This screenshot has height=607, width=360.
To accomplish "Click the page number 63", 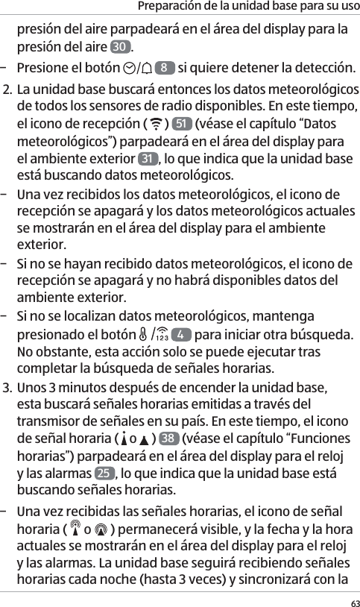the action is coord(351,600).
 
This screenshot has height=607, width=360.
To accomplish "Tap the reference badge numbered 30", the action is coord(119,48).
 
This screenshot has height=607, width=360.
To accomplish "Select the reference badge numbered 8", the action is coord(164,69).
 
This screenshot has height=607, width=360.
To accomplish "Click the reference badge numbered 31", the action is coord(148,159).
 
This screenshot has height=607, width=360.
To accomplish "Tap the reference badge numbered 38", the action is coord(171,438).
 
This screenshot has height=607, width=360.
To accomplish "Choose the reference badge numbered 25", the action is coord(104,474).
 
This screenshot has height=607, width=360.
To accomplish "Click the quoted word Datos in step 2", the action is coord(318,123).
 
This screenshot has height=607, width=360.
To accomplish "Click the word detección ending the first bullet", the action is coord(323,69).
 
